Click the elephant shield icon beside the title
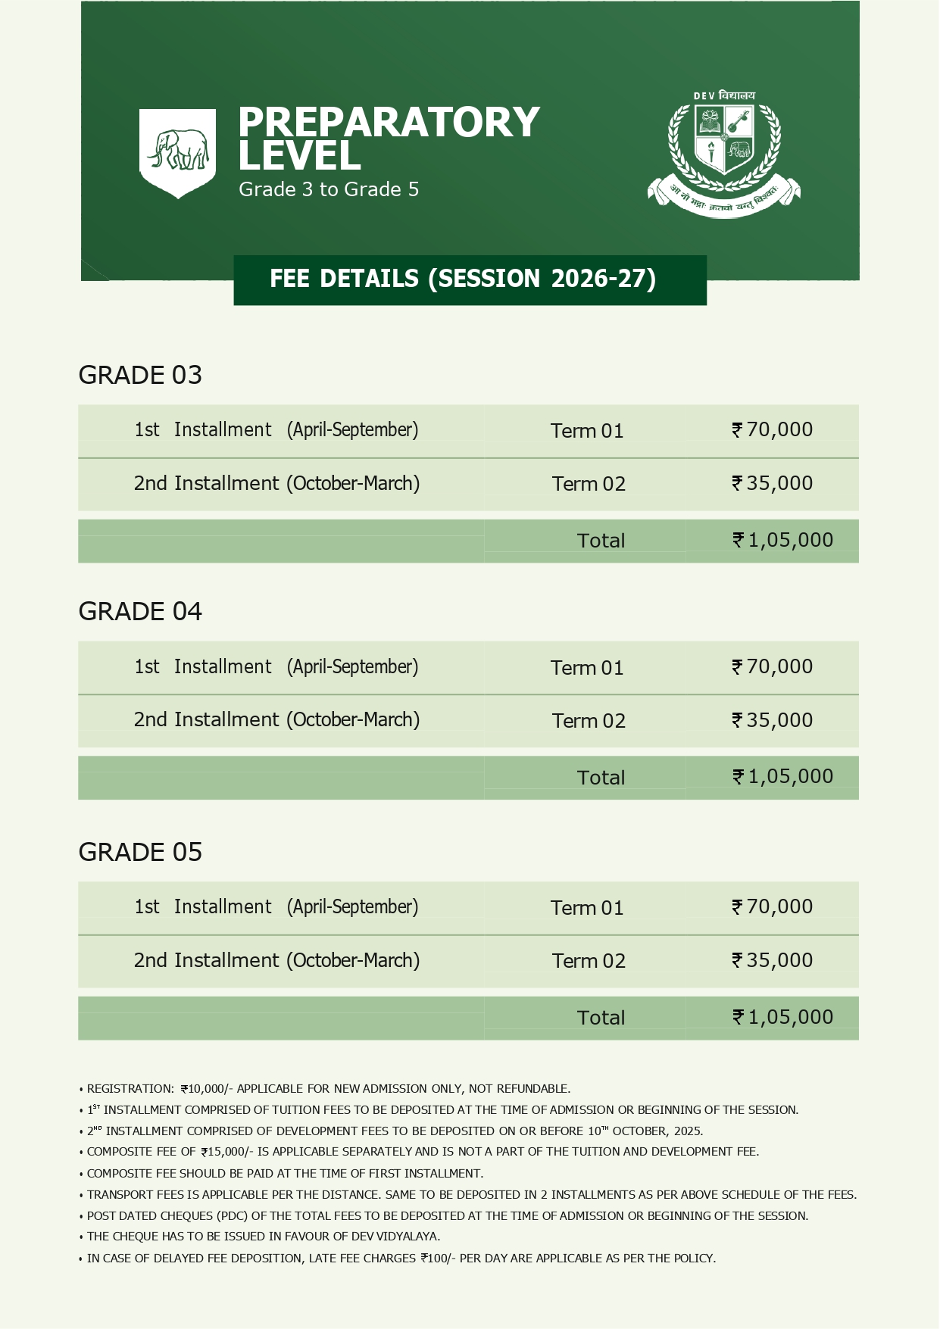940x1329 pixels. click(178, 151)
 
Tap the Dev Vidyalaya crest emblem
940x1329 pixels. click(723, 154)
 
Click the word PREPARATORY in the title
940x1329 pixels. click(389, 123)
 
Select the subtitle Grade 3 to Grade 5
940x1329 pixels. click(329, 189)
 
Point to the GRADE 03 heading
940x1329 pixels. click(140, 375)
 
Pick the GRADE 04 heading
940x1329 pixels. click(140, 611)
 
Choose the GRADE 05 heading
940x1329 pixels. click(140, 852)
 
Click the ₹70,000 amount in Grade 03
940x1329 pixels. click(773, 429)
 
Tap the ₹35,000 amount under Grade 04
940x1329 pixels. click(773, 720)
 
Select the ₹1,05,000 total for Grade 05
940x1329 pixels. click(783, 1017)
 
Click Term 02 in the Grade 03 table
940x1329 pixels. click(589, 484)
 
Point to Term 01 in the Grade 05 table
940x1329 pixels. click(587, 907)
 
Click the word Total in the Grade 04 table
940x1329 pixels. click(601, 778)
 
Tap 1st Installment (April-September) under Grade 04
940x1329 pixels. click(276, 666)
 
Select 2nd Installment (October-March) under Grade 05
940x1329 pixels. click(276, 960)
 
